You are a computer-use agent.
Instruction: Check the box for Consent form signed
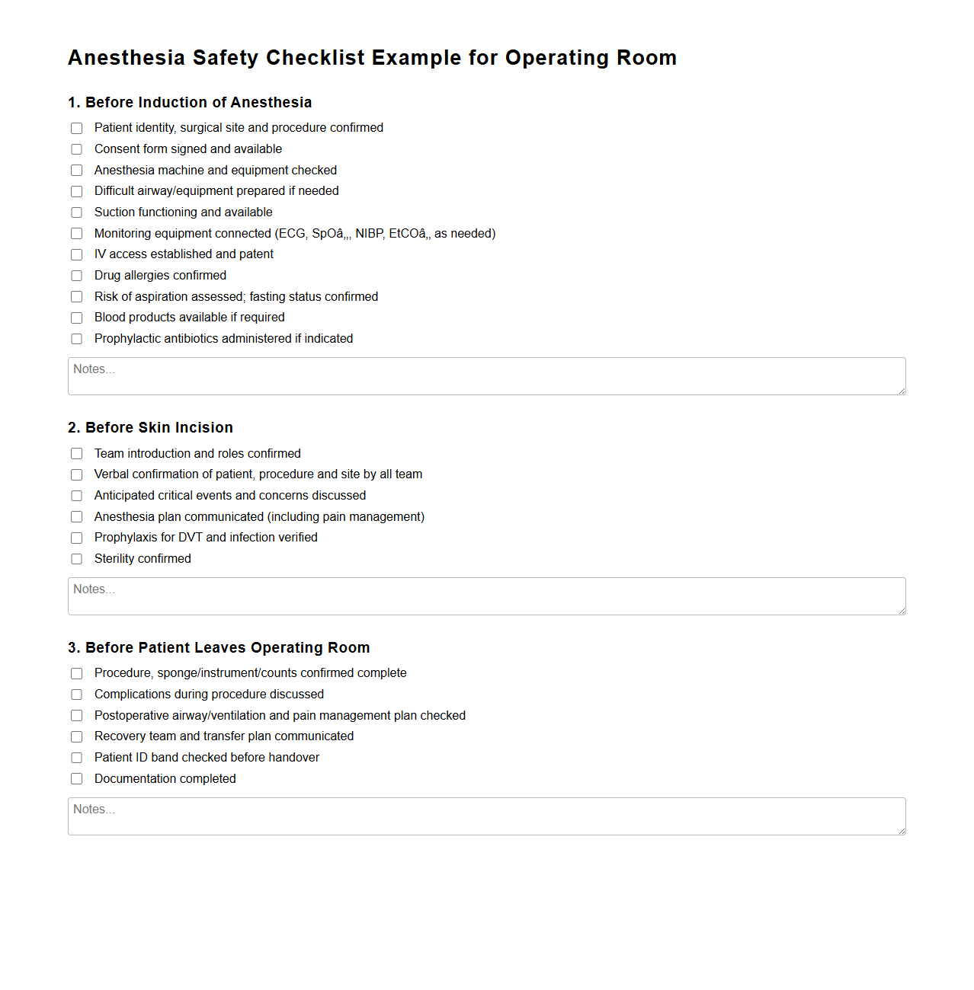77,149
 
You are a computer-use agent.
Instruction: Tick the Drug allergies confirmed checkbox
77,276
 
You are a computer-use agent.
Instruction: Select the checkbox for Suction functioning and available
77,212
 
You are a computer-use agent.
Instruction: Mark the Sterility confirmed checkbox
77,559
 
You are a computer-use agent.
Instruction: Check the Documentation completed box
77,779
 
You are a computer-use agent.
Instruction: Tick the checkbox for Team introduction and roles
77,454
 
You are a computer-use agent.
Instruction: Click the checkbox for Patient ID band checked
77,758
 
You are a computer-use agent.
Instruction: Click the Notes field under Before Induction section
486,376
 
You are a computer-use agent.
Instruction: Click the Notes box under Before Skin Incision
486,596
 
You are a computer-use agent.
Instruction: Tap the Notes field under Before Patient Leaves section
486,816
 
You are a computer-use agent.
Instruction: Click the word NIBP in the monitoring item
369,234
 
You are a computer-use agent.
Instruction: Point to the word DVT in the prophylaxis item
190,538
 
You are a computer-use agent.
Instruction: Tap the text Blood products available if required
189,318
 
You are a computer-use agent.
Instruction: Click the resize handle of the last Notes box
902,831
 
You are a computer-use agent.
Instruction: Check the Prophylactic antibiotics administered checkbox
77,339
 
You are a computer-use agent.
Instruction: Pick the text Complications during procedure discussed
209,695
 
